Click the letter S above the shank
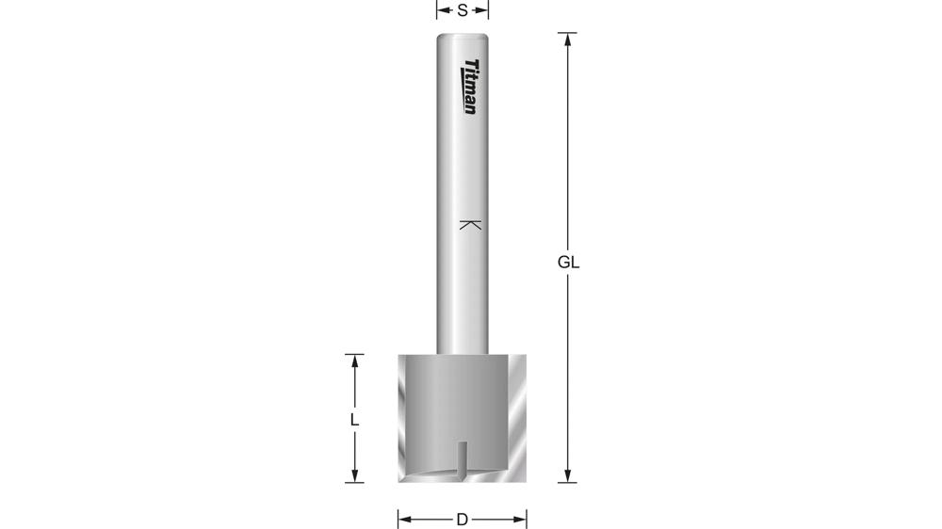pyautogui.click(x=463, y=10)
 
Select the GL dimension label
pyautogui.click(x=568, y=263)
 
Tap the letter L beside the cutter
pyautogui.click(x=354, y=420)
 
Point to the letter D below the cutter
pyautogui.click(x=462, y=519)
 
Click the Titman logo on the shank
pyautogui.click(x=470, y=87)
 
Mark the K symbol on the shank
pyautogui.click(x=470, y=225)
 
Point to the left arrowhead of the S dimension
pyautogui.click(x=441, y=10)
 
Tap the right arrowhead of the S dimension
pyautogui.click(x=484, y=10)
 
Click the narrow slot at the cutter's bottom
pyautogui.click(x=460, y=461)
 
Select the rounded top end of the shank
pyautogui.click(x=462, y=37)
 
